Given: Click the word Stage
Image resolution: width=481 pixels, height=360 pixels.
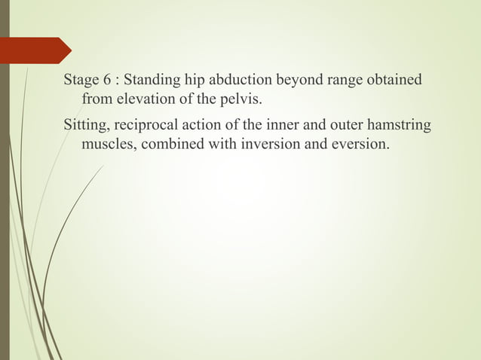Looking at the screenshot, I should tap(81, 80).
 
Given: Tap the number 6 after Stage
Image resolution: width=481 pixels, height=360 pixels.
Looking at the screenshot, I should tap(107, 80).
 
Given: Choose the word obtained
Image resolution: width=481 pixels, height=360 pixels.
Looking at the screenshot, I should tap(395, 80).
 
